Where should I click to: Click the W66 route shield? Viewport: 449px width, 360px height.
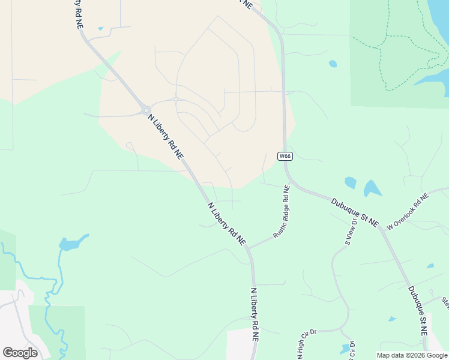(285, 156)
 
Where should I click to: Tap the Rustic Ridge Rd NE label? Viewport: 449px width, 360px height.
(282, 212)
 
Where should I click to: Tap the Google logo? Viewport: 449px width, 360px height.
(20, 353)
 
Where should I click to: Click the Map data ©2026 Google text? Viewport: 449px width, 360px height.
(411, 355)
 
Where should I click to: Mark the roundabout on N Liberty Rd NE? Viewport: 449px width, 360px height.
(146, 110)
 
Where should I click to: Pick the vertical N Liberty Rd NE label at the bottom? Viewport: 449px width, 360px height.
(255, 314)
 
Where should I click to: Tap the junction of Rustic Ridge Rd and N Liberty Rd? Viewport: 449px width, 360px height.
(248, 247)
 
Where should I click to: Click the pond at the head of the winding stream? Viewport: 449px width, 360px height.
(68, 244)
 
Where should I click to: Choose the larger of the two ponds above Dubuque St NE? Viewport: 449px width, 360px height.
(372, 188)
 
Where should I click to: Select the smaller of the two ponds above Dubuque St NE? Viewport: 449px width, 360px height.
(351, 182)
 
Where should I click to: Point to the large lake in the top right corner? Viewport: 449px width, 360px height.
(440, 24)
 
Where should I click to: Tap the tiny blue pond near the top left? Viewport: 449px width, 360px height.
(100, 28)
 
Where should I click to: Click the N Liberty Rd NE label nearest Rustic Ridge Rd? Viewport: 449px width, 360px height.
(227, 223)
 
